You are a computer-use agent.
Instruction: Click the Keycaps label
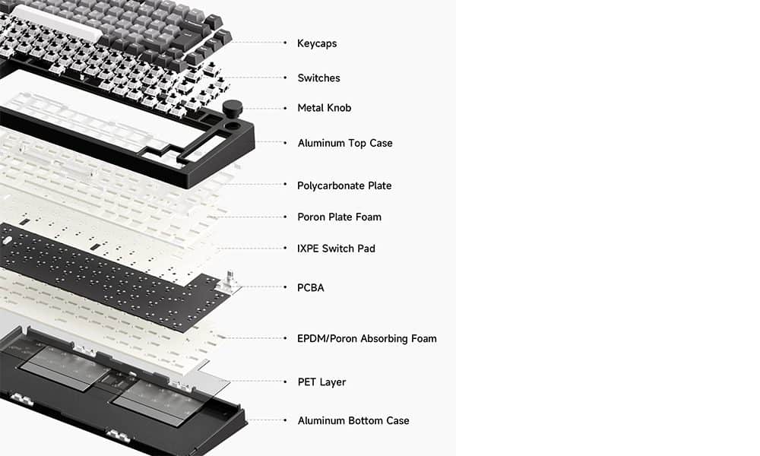(317, 43)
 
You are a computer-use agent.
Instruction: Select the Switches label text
(318, 78)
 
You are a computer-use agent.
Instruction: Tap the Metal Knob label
(325, 108)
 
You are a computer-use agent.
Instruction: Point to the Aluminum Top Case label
(345, 143)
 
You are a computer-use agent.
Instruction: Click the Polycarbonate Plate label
(344, 185)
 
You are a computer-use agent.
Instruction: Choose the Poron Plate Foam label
(339, 217)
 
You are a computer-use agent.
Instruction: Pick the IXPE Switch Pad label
(336, 249)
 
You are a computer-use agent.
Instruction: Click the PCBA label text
(311, 288)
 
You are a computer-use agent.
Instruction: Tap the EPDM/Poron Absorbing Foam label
(366, 338)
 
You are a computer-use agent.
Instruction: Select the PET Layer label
(321, 382)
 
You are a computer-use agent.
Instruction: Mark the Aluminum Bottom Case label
(353, 420)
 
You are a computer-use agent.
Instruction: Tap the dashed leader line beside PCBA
(262, 287)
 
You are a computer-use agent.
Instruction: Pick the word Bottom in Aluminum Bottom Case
(365, 420)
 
